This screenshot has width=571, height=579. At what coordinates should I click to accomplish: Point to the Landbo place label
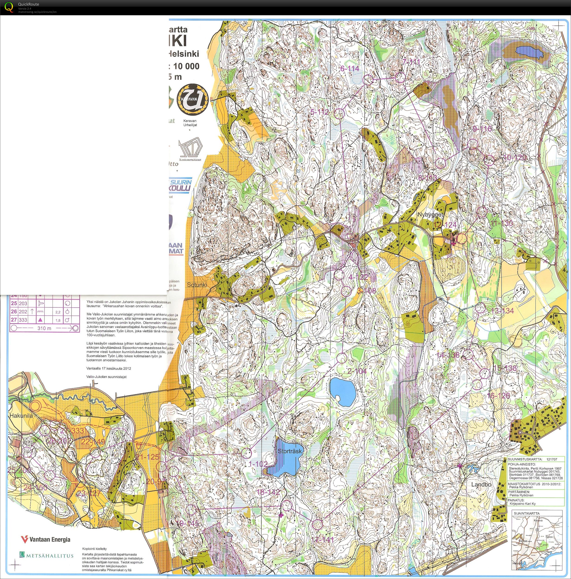click(481, 485)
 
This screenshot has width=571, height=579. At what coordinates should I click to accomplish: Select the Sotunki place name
click(197, 285)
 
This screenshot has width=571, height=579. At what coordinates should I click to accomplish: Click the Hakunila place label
click(21, 416)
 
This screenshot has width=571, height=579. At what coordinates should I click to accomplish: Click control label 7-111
click(411, 62)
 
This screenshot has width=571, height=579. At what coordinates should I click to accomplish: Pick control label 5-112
click(319, 112)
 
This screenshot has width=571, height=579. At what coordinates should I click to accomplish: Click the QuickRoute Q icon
click(9, 6)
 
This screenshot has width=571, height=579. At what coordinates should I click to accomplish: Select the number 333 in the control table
click(23, 320)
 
